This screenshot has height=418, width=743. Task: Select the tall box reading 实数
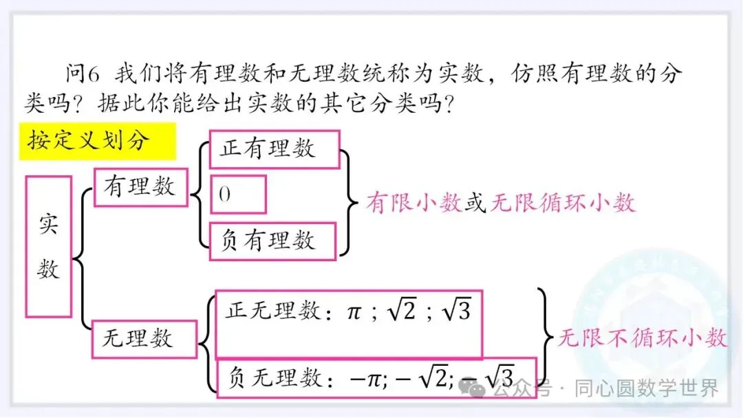click(x=49, y=246)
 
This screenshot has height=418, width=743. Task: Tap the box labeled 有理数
click(x=140, y=186)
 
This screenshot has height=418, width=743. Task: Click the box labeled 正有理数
click(x=274, y=149)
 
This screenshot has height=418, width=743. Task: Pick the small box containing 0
click(x=237, y=195)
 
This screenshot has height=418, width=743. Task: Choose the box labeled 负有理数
click(x=273, y=241)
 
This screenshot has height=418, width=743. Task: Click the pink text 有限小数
click(x=414, y=203)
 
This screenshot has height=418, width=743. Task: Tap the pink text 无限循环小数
click(x=562, y=203)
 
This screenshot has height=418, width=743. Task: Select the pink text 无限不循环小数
click(x=641, y=338)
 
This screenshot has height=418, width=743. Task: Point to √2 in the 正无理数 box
click(x=402, y=311)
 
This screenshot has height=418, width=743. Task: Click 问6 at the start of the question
click(x=83, y=73)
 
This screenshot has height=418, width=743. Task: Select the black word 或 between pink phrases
click(x=475, y=203)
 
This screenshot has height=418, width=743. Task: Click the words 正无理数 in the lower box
click(x=272, y=311)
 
